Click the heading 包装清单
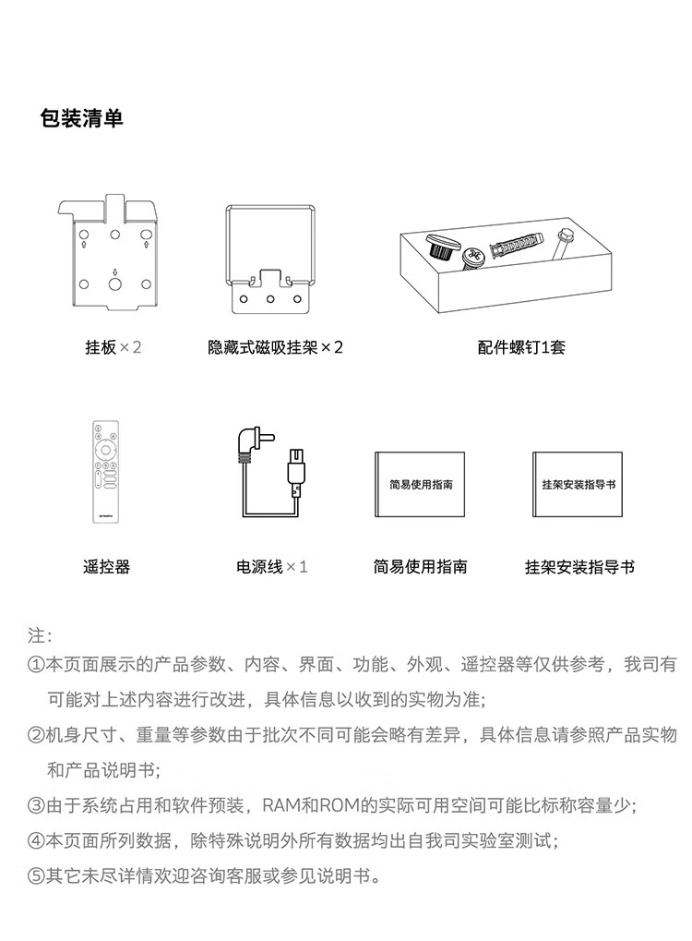tap(81, 117)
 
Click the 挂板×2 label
tap(113, 347)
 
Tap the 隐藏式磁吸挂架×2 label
tap(275, 347)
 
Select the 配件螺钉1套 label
tap(521, 347)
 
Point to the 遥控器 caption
tap(106, 566)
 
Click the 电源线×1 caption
tap(271, 566)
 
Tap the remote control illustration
tap(105, 471)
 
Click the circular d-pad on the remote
tap(105, 450)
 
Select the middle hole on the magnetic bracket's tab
tap(270, 299)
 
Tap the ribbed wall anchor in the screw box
tap(515, 247)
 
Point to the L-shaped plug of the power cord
tap(252, 441)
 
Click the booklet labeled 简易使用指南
tap(420, 484)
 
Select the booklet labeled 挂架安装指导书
tap(578, 484)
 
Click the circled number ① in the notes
tap(36, 665)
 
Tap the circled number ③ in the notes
tap(36, 806)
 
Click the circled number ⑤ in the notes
tap(36, 876)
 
